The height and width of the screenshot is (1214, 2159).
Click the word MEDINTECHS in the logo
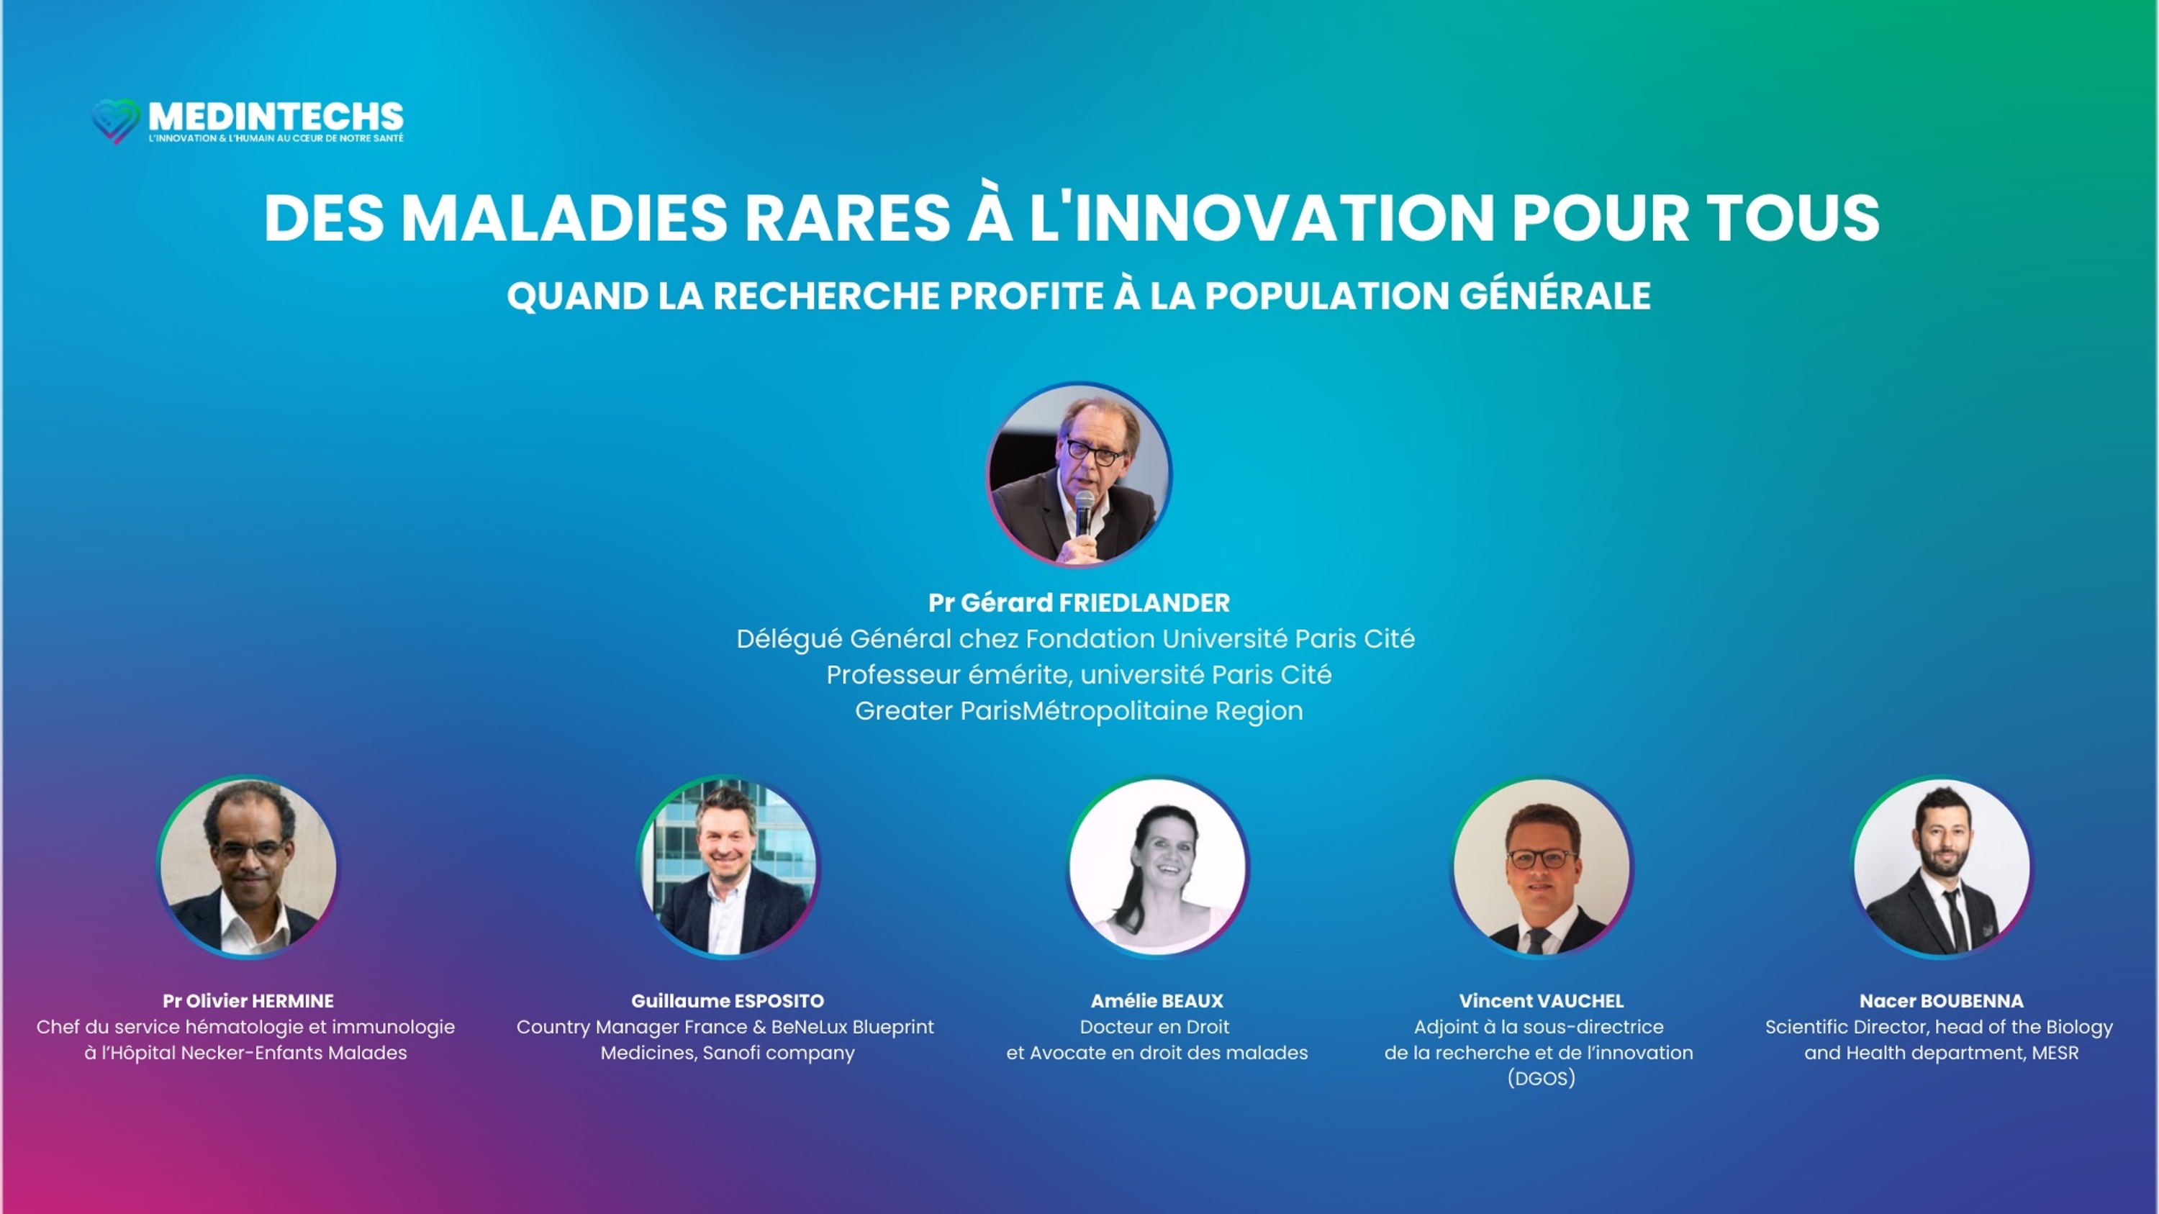tap(276, 117)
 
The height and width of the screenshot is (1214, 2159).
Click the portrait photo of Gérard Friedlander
tap(1079, 475)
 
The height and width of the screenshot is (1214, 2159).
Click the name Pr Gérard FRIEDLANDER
tap(1079, 602)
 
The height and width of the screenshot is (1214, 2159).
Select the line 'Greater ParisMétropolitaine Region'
tap(1079, 710)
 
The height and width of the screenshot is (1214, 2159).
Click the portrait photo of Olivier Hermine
tap(248, 867)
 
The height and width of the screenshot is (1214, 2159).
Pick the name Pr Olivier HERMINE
tap(248, 1000)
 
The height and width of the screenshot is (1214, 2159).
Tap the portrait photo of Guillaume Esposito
tap(728, 867)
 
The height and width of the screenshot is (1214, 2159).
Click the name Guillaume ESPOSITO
tap(728, 1000)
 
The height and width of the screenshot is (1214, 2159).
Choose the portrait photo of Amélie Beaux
tap(1157, 867)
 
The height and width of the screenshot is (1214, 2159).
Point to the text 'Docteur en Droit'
tap(1155, 1026)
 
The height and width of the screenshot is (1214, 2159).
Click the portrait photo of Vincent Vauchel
tap(1542, 867)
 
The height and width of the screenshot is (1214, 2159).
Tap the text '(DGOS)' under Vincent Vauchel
tap(1542, 1078)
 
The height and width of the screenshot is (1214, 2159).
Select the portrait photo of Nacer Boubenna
tap(1942, 867)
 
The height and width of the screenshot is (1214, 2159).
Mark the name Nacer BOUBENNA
tap(1941, 1000)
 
